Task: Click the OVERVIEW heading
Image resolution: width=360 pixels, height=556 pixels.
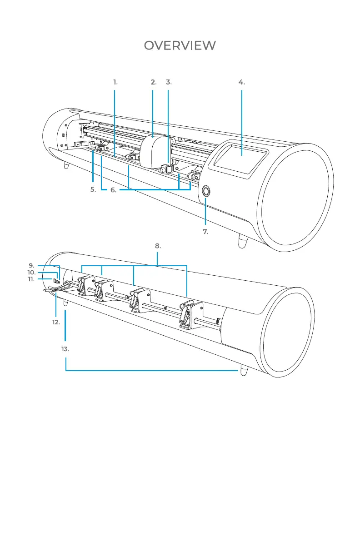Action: point(180,45)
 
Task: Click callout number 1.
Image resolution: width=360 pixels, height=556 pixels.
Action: point(115,82)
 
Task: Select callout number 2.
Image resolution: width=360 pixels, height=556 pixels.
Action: point(154,82)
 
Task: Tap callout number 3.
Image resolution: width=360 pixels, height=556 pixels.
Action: point(169,82)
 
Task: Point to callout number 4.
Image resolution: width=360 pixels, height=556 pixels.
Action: point(241,82)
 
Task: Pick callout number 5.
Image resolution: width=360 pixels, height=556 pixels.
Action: point(93,190)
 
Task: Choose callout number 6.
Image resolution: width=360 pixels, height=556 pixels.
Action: point(114,190)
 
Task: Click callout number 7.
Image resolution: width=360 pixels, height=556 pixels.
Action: point(205,231)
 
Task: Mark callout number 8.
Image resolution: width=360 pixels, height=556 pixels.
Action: point(158,246)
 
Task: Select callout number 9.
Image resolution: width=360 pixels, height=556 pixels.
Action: point(31,265)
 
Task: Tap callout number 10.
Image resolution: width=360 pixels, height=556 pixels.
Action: point(31,272)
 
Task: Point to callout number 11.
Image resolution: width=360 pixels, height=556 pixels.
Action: point(31,279)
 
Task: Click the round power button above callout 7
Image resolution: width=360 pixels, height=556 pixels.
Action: point(205,191)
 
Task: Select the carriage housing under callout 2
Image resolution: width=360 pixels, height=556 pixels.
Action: point(153,151)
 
